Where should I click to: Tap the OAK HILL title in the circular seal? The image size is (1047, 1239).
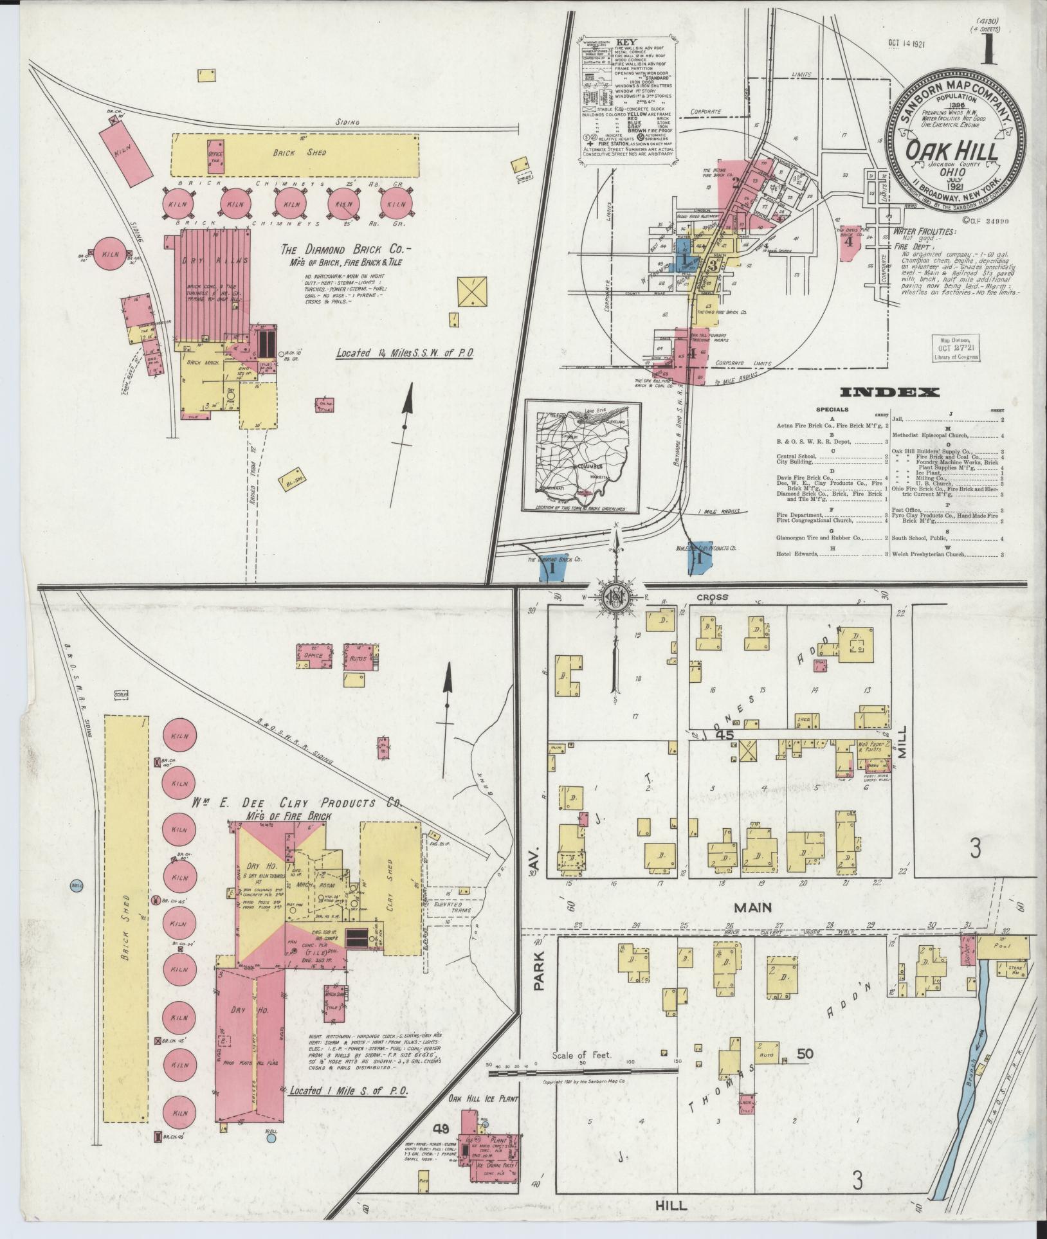tap(953, 152)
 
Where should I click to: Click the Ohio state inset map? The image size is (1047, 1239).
tap(583, 456)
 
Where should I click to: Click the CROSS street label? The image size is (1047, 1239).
tap(712, 597)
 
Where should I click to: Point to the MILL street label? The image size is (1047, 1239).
tap(901, 741)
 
